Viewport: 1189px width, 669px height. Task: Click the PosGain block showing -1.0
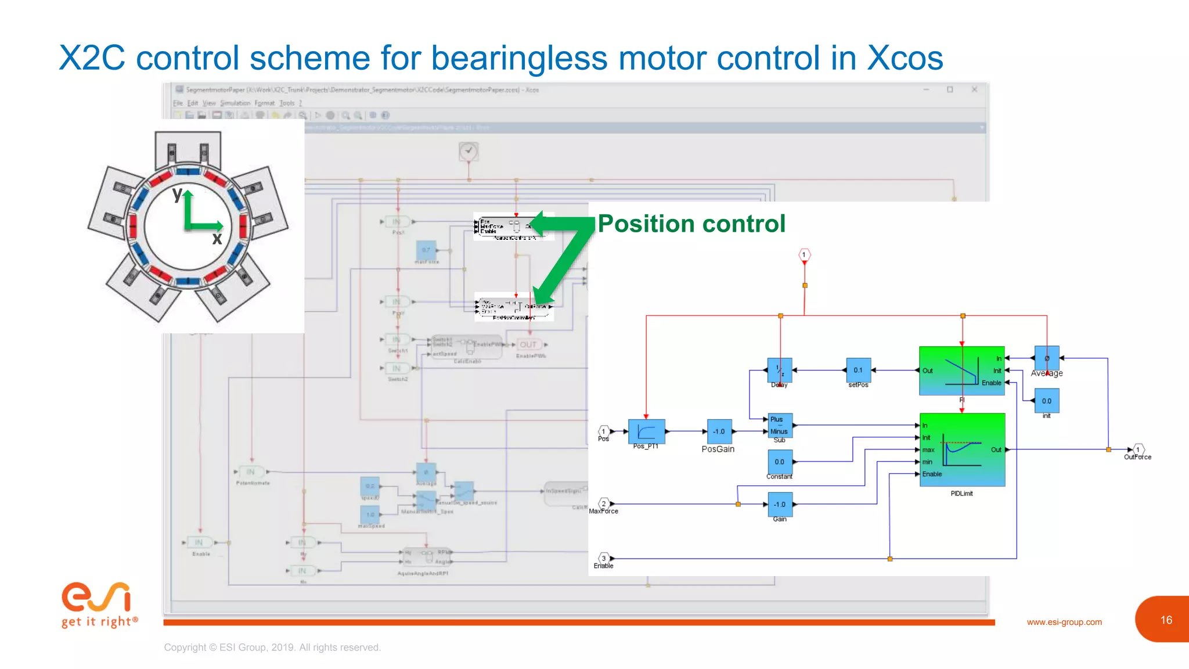coord(719,431)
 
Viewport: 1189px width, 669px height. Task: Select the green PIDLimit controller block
coord(962,449)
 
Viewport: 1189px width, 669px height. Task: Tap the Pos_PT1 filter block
coord(646,431)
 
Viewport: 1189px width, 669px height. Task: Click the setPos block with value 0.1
coord(858,370)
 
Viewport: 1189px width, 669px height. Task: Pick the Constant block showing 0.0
coord(779,462)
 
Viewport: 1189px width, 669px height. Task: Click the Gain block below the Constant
coord(779,504)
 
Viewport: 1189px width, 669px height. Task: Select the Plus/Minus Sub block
coord(779,426)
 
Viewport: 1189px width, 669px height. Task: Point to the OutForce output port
coord(1138,449)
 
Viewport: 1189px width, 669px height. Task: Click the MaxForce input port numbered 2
coord(604,503)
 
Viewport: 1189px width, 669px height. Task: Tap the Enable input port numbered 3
coord(604,558)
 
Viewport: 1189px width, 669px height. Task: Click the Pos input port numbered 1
coord(604,431)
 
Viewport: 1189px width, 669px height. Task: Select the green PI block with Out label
coord(961,371)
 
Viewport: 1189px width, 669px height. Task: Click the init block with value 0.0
coord(1046,401)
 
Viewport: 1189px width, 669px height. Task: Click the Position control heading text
coord(691,224)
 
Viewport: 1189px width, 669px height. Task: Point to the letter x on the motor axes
coord(217,238)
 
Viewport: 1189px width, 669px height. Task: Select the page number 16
coord(1166,620)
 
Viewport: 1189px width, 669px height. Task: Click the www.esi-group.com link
coord(1064,622)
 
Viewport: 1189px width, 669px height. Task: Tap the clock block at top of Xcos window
coord(469,152)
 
